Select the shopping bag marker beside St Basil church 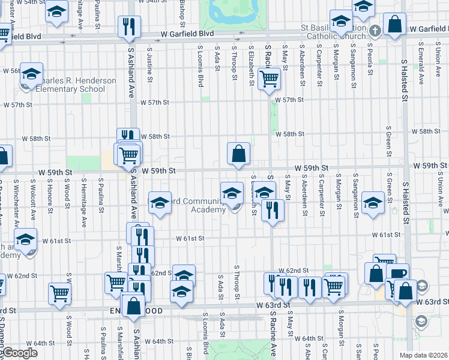[396, 25]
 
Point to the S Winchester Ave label [16, 202]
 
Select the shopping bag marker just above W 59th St [238, 154]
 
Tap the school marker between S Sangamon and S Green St [373, 203]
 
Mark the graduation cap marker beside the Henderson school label [31, 74]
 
